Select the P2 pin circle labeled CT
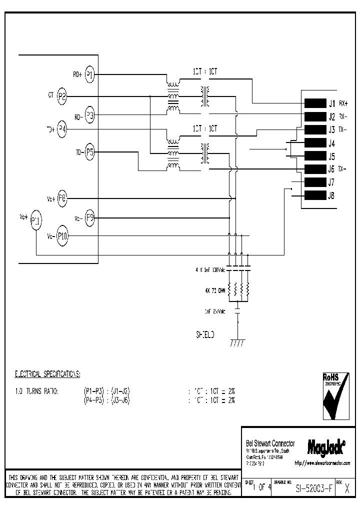tap(62, 96)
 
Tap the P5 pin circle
tap(89, 151)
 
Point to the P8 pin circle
tap(62, 198)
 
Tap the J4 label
tap(331, 143)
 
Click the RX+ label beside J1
tap(343, 104)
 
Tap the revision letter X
tap(346, 489)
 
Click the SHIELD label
tap(204, 335)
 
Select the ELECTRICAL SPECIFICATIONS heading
tap(47, 373)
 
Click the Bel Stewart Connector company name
tap(270, 443)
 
